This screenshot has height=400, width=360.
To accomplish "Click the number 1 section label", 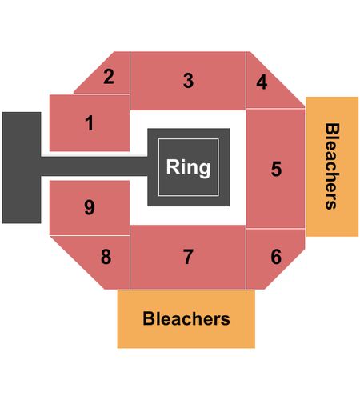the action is [x=90, y=123].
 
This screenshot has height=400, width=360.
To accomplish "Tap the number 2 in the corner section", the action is [x=109, y=77].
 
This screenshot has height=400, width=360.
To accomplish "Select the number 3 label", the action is [x=188, y=80].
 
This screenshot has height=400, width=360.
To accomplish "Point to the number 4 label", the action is [x=262, y=82].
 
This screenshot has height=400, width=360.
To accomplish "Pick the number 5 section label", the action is [x=276, y=169].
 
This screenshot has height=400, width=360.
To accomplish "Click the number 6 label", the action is [x=276, y=257].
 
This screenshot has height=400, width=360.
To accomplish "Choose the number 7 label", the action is [x=188, y=257].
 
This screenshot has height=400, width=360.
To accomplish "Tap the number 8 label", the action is [x=106, y=257].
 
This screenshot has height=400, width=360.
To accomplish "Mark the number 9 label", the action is [x=90, y=207].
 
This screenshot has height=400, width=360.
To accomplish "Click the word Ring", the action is [x=188, y=167].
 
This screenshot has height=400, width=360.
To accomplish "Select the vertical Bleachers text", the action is [x=332, y=166].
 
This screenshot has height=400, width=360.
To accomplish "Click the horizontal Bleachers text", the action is [x=186, y=318].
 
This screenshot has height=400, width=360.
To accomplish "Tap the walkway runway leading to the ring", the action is [x=94, y=166].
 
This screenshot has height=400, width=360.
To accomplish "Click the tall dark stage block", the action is [x=22, y=167].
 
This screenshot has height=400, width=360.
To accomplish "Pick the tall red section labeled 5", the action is [x=275, y=169].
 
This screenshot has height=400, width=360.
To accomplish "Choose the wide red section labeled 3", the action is [x=188, y=81].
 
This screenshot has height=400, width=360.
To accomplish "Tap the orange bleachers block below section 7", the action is [x=186, y=319].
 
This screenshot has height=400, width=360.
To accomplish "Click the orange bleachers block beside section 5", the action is [x=332, y=166].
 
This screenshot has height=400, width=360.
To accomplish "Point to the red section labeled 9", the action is [x=90, y=208].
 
